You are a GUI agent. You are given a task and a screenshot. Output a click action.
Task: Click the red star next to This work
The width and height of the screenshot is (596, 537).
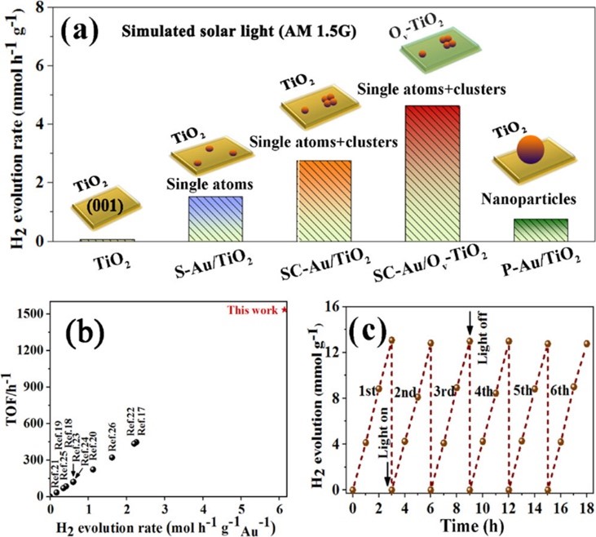point(284,310)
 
